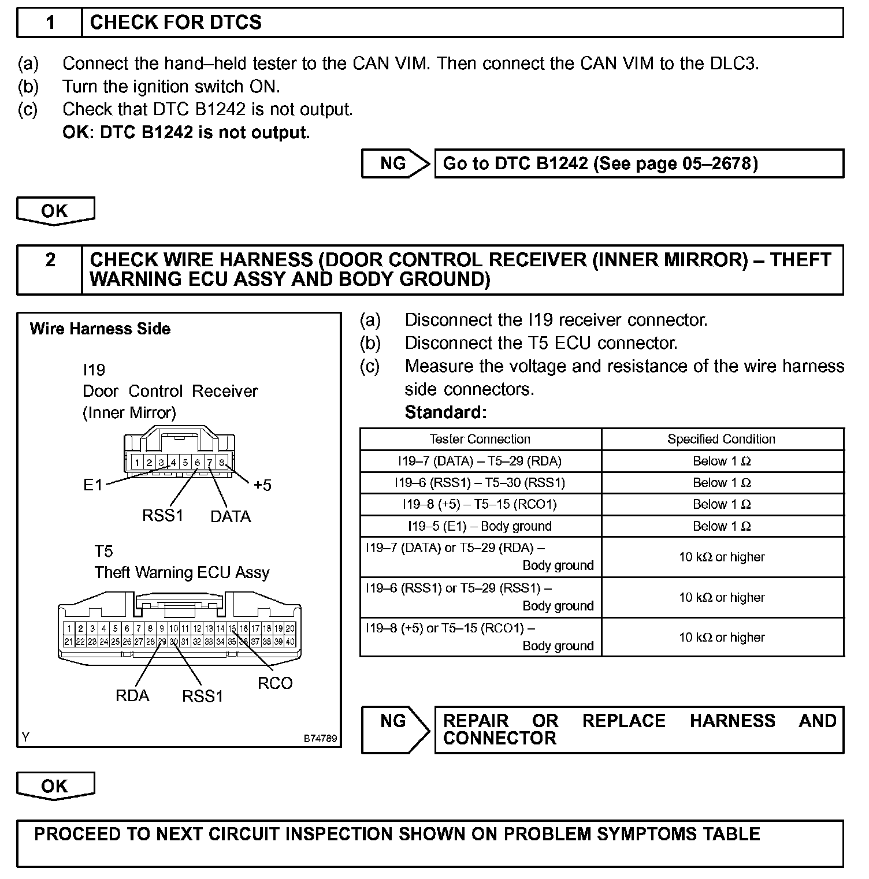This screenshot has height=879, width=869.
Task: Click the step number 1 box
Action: tap(50, 23)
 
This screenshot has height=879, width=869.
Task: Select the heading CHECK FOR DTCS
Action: tap(176, 23)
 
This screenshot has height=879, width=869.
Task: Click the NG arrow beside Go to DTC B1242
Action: tap(395, 163)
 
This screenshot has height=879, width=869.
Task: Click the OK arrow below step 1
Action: tap(55, 211)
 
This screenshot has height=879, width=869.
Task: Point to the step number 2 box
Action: tap(50, 260)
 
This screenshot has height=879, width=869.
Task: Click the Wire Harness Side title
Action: tap(100, 329)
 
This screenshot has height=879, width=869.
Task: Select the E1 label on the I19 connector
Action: tap(92, 485)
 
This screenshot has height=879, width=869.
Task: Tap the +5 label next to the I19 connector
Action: tap(262, 485)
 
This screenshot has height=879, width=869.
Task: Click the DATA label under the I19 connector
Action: tap(231, 516)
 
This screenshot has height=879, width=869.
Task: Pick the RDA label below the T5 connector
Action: tap(132, 695)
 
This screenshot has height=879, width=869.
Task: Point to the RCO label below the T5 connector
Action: tap(275, 683)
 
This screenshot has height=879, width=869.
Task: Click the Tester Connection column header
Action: tap(480, 439)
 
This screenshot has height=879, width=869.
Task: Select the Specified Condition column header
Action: tap(721, 439)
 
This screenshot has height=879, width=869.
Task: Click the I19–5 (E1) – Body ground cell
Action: tap(480, 526)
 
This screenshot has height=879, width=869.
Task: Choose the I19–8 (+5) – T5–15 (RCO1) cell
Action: tap(480, 504)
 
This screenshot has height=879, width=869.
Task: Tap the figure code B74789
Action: tap(321, 739)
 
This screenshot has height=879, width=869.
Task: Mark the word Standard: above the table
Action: tap(445, 412)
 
